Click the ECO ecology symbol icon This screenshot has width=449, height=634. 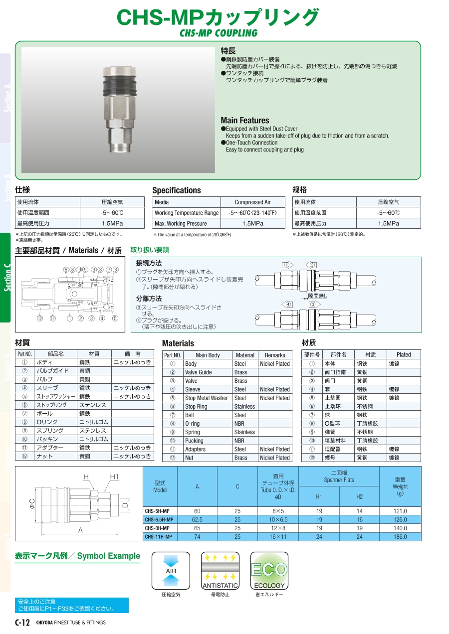click(x=269, y=571)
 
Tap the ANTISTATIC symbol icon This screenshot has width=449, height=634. click(x=220, y=571)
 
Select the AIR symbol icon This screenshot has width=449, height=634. click(x=171, y=571)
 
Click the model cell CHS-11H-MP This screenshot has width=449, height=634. click(x=159, y=537)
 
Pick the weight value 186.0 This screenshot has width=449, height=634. click(x=400, y=537)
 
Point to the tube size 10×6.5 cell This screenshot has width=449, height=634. click(x=278, y=520)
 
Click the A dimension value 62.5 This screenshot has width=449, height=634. click(x=197, y=520)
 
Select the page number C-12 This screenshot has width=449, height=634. click(x=22, y=622)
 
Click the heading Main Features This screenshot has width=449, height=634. click(x=244, y=121)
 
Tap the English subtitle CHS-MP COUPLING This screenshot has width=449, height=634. click(x=219, y=33)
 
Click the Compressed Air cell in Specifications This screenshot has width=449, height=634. click(x=252, y=202)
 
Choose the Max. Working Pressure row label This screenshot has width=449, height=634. click(x=181, y=224)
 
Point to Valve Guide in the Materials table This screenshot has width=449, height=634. click(x=198, y=372)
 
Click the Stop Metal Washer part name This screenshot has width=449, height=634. click(x=206, y=398)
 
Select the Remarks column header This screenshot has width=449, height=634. click(x=275, y=355)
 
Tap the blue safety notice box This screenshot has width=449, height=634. click(x=72, y=605)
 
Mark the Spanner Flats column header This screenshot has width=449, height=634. click(x=339, y=476)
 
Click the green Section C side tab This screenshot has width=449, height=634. click(x=6, y=278)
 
